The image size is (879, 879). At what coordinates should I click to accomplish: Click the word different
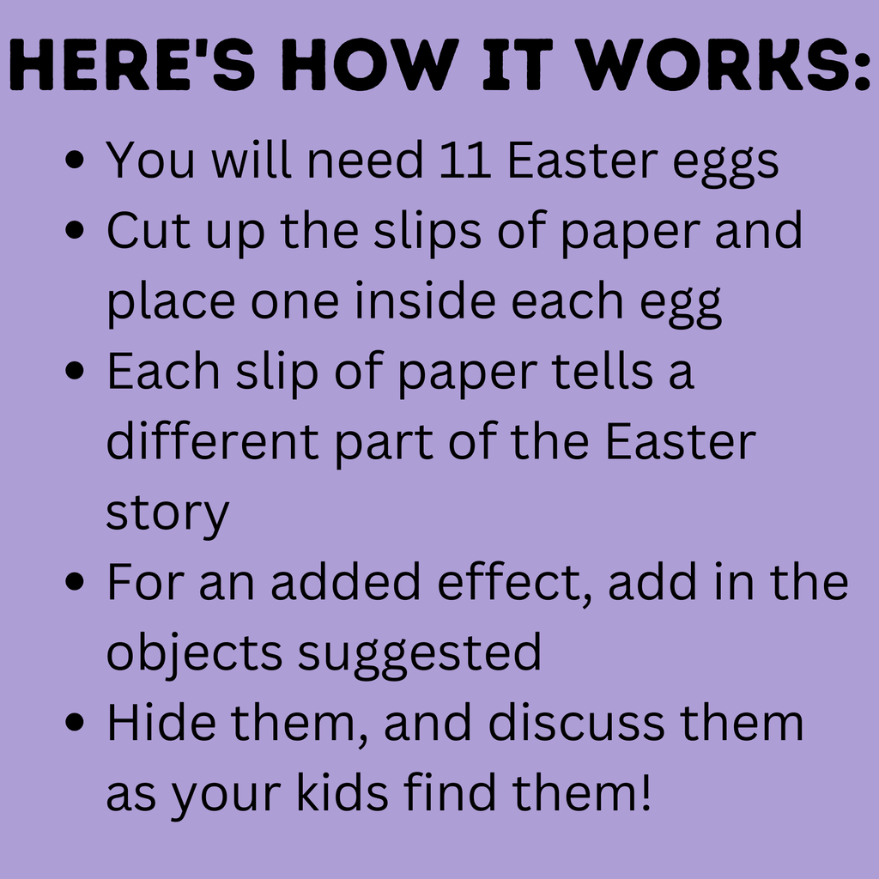pyautogui.click(x=214, y=442)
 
